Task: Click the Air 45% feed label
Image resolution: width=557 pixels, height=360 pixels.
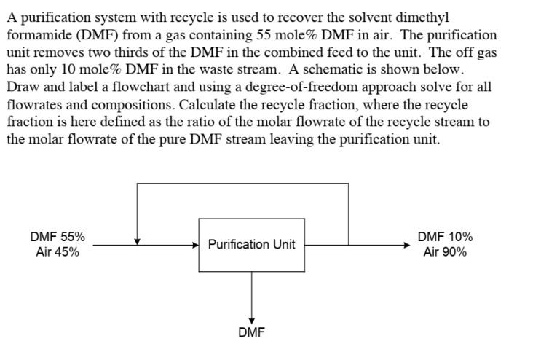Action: click(57, 252)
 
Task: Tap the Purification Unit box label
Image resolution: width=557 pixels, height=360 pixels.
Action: click(251, 244)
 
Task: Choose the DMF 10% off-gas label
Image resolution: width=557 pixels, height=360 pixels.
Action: click(446, 237)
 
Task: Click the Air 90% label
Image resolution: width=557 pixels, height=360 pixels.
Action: click(446, 252)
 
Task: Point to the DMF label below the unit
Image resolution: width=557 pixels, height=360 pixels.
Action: click(251, 333)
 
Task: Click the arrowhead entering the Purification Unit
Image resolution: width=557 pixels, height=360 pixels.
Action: click(195, 245)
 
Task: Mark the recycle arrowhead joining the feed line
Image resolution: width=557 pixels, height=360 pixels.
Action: click(137, 241)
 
